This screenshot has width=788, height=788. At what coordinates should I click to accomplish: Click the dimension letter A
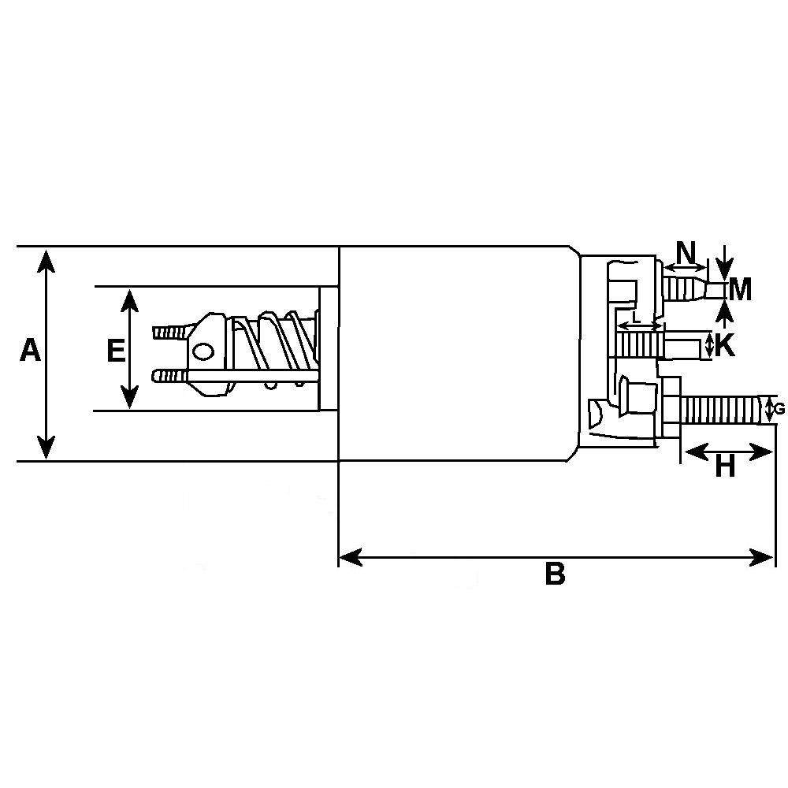click(x=30, y=350)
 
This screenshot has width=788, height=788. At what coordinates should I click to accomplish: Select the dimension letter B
click(x=555, y=574)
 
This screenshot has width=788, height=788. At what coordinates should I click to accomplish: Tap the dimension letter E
click(x=116, y=350)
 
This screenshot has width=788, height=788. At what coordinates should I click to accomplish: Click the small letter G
click(x=780, y=409)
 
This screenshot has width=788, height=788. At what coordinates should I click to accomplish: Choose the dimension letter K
click(x=724, y=345)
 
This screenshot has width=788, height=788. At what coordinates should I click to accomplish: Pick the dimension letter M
click(x=740, y=290)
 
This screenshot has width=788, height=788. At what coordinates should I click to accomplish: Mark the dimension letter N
click(x=687, y=253)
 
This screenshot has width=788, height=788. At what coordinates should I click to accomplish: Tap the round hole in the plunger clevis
click(x=204, y=351)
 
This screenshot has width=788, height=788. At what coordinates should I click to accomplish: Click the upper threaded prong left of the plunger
click(x=169, y=331)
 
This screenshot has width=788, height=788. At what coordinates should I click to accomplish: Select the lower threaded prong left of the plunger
click(x=169, y=375)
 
